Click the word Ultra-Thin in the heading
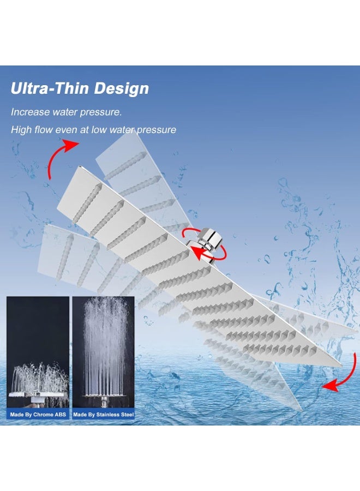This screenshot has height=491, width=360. click(x=50, y=88)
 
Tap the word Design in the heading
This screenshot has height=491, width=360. click(x=122, y=89)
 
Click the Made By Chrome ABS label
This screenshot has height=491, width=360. click(x=38, y=415)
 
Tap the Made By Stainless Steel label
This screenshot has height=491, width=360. click(x=103, y=415)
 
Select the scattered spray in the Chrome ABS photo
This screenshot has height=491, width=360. click(x=39, y=378)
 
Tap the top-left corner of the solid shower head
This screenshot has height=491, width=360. click(x=79, y=166)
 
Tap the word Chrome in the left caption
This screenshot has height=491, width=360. click(x=43, y=415)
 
